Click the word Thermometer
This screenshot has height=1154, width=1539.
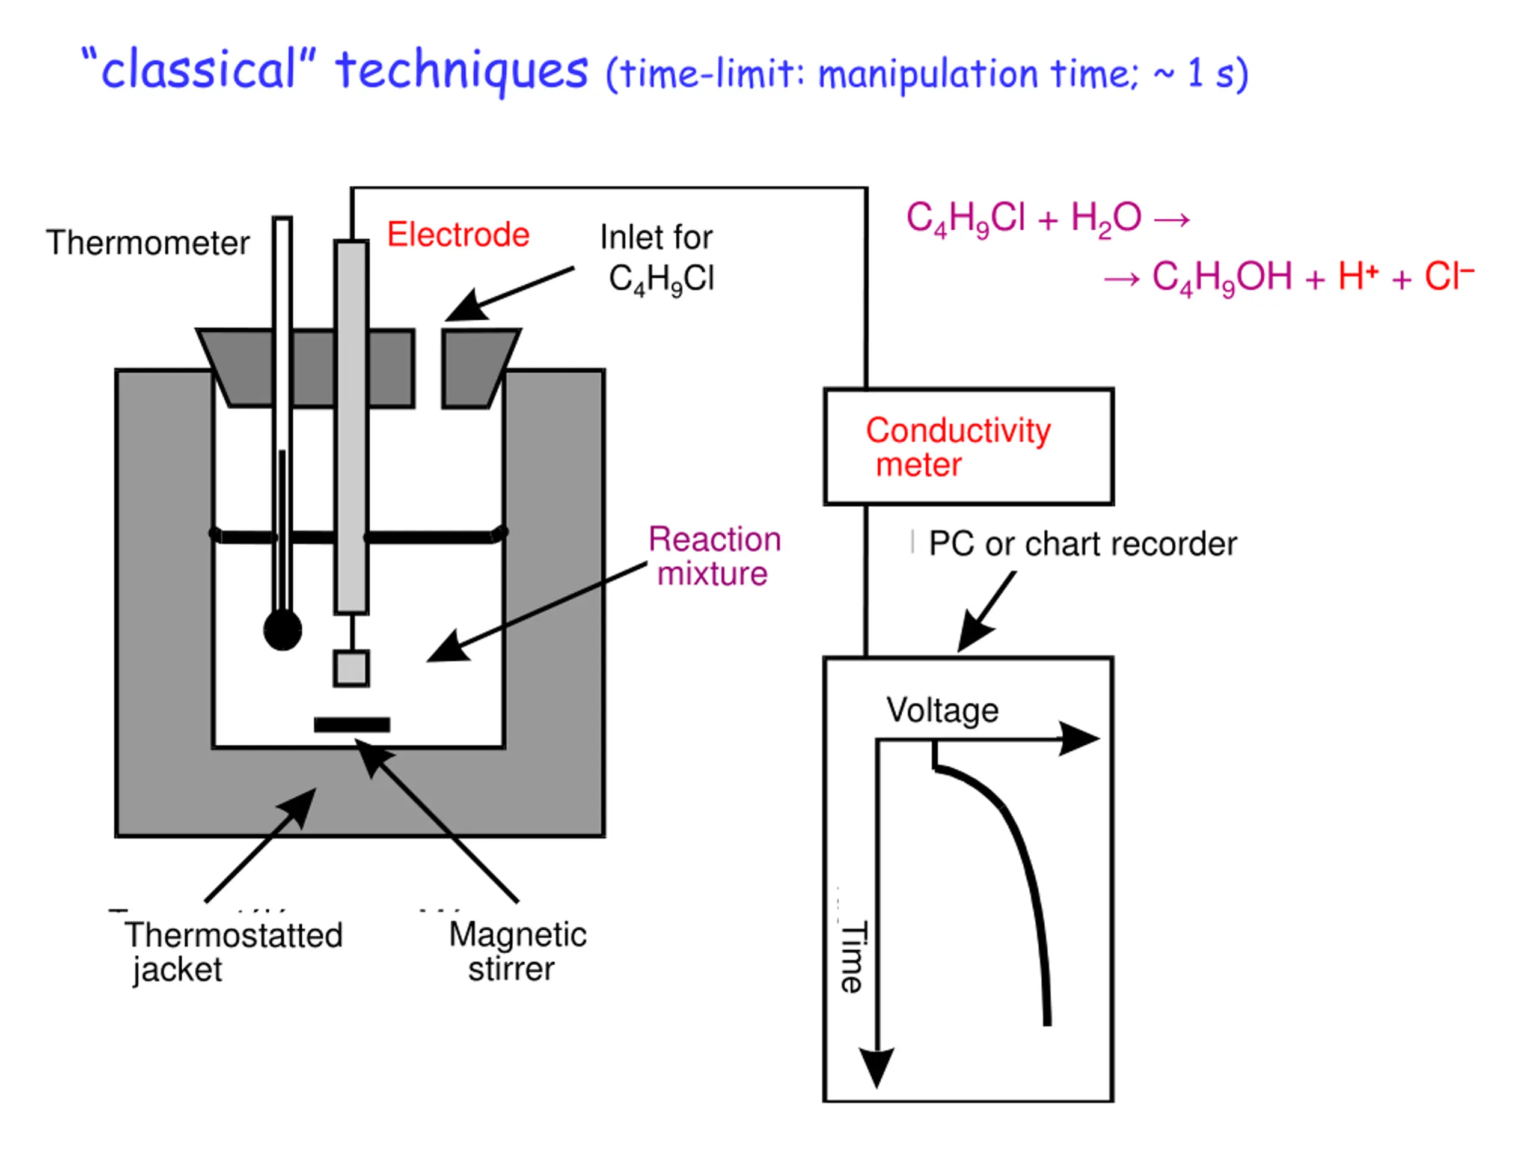[147, 243]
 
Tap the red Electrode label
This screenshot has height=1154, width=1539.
[458, 234]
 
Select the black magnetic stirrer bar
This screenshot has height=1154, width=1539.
[352, 725]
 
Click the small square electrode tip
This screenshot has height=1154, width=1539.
[351, 668]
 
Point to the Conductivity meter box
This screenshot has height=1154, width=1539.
[968, 447]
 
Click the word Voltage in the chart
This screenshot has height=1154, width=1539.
[942, 710]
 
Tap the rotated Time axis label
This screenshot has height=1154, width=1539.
[853, 956]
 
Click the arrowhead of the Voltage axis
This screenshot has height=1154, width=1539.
[1079, 738]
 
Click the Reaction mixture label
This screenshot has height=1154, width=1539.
[715, 557]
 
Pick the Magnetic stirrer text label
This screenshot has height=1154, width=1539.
[518, 951]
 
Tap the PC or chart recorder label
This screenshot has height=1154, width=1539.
[1083, 544]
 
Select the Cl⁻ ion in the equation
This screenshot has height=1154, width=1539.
[1449, 275]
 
